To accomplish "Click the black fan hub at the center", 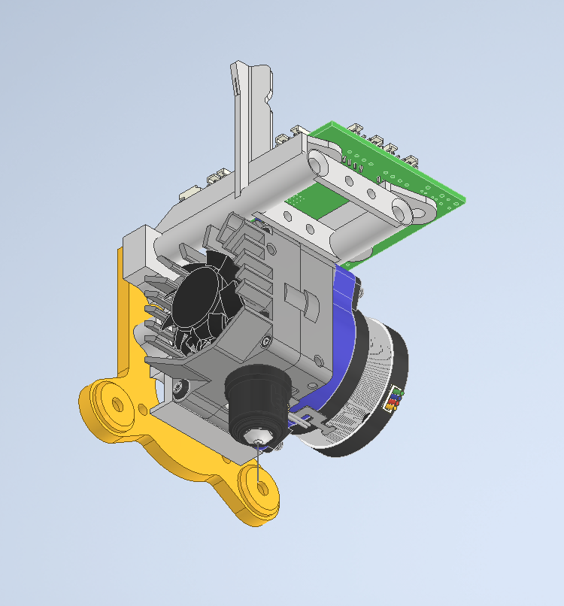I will [x=198, y=295].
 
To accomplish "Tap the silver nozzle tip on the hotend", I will [x=257, y=438].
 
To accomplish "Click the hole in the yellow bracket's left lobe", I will [x=117, y=405].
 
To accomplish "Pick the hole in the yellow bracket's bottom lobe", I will [x=261, y=488].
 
